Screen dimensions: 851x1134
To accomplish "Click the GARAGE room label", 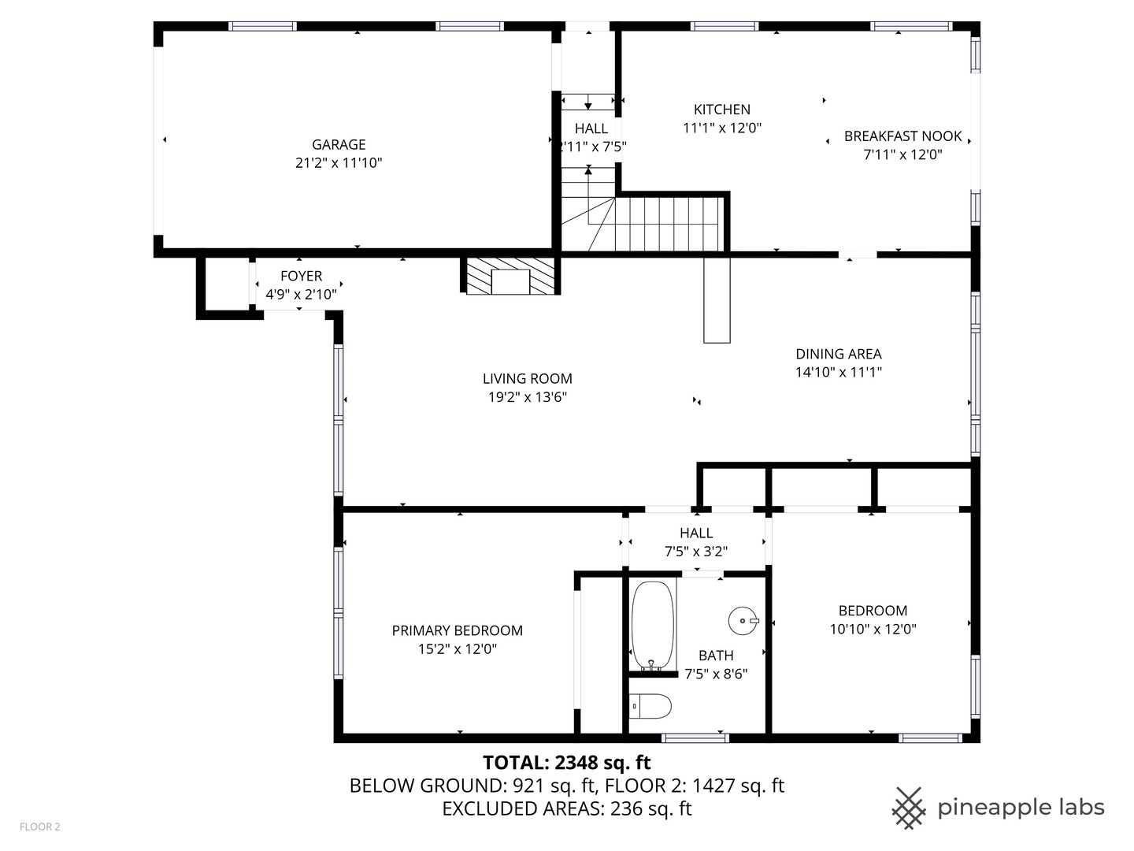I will click(339, 144).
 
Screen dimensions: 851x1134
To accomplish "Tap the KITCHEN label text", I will click(721, 110).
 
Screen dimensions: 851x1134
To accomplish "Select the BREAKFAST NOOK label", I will click(902, 136).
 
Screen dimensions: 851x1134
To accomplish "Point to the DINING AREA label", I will click(838, 354).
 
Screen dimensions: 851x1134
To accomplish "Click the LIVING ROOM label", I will click(527, 378).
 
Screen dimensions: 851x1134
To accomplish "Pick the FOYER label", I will click(301, 276).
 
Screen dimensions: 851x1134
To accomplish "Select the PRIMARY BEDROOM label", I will click(457, 630).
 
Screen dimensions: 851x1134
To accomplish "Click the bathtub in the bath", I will click(653, 625).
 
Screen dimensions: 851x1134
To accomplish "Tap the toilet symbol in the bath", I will click(651, 706).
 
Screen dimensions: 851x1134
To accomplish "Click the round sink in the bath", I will click(743, 621).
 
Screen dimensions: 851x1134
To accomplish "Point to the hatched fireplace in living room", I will click(511, 276).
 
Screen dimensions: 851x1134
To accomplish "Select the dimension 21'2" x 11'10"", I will click(339, 163).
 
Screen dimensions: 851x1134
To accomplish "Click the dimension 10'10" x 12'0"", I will click(873, 630).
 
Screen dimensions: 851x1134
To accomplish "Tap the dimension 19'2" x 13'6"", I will click(527, 397).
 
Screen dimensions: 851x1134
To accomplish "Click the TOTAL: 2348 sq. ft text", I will click(566, 763).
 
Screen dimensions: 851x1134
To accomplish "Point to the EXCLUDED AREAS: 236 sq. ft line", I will click(566, 808).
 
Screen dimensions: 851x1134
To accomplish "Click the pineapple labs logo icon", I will click(908, 808).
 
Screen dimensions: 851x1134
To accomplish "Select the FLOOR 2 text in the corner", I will click(40, 827).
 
